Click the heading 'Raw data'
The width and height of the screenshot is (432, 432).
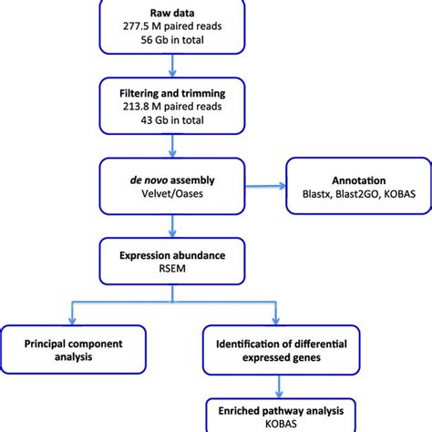pos(172,13)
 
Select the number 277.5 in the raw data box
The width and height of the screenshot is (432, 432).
pos(137,26)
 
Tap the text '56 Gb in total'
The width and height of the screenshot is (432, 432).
pos(172,40)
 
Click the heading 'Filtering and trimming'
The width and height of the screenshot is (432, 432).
pos(172,93)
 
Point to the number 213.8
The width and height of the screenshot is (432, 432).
pos(137,107)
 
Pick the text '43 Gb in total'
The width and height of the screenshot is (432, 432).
pos(172,120)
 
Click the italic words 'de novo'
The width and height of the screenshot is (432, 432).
pos(149,180)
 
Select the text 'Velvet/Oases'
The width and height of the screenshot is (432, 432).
pos(172,193)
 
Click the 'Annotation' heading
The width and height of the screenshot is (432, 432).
pos(359,180)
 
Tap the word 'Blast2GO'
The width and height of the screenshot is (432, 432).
pos(358,194)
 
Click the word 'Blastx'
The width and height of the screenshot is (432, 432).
pos(316,194)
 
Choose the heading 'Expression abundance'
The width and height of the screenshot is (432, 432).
pos(172,255)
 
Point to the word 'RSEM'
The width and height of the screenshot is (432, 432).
pos(172,269)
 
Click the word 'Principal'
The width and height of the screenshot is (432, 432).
pos(45,344)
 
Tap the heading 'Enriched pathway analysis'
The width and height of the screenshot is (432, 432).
pos(281,411)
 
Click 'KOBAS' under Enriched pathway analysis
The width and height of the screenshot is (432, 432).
pos(281,424)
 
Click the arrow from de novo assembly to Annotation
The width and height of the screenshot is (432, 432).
pos(265,186)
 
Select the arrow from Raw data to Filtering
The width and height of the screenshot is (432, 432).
pos(172,66)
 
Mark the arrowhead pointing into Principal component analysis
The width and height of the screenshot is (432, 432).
pos(72,321)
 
